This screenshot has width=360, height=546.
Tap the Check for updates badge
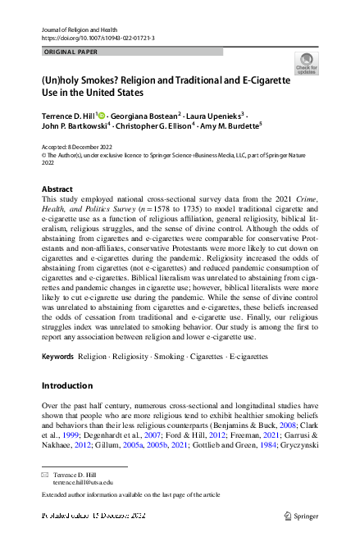[305, 63]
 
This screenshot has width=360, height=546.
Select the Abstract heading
[57, 189]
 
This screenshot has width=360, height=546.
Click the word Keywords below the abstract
[57, 357]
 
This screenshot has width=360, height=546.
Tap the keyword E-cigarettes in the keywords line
[241, 357]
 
